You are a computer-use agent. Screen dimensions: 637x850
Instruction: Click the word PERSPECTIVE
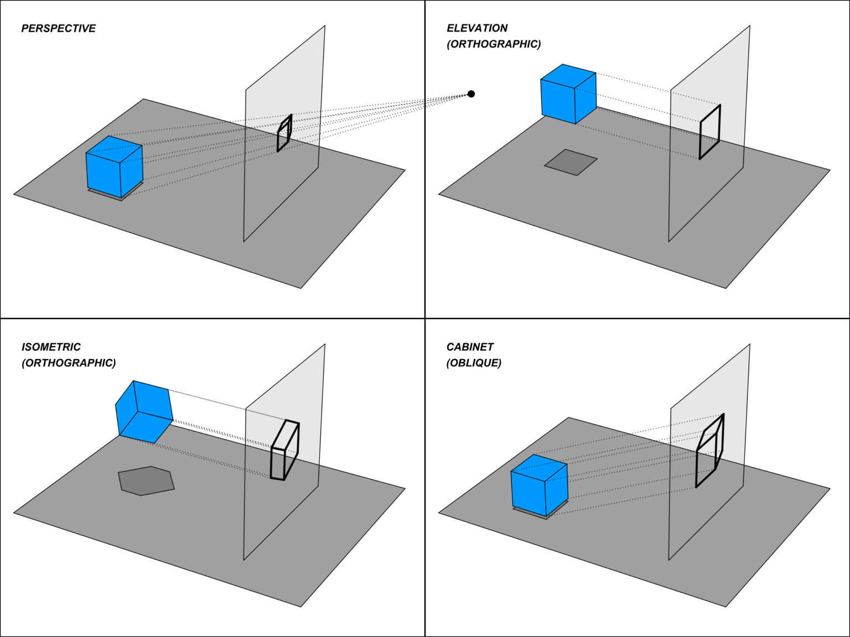click(58, 28)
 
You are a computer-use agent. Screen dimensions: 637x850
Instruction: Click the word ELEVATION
click(477, 28)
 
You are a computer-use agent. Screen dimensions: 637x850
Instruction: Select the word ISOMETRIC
click(51, 347)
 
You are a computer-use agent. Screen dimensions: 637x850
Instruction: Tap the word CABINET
click(470, 347)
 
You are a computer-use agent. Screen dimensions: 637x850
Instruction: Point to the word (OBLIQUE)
click(474, 363)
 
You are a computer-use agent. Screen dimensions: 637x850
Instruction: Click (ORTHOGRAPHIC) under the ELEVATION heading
click(494, 44)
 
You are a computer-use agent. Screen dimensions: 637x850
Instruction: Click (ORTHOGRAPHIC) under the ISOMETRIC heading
click(69, 363)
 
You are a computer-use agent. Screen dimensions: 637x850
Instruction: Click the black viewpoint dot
click(471, 94)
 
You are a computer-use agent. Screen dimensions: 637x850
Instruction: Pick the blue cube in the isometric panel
click(144, 413)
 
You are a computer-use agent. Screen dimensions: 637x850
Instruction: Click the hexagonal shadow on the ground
click(146, 481)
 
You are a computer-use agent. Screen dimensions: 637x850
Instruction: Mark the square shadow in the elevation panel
click(571, 162)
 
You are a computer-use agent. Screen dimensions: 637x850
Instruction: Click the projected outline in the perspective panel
click(284, 133)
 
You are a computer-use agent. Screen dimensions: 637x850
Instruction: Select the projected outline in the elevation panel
click(710, 132)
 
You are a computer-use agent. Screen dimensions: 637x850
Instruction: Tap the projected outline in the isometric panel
click(285, 451)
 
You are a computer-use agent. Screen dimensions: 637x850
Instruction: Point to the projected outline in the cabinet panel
click(709, 451)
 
